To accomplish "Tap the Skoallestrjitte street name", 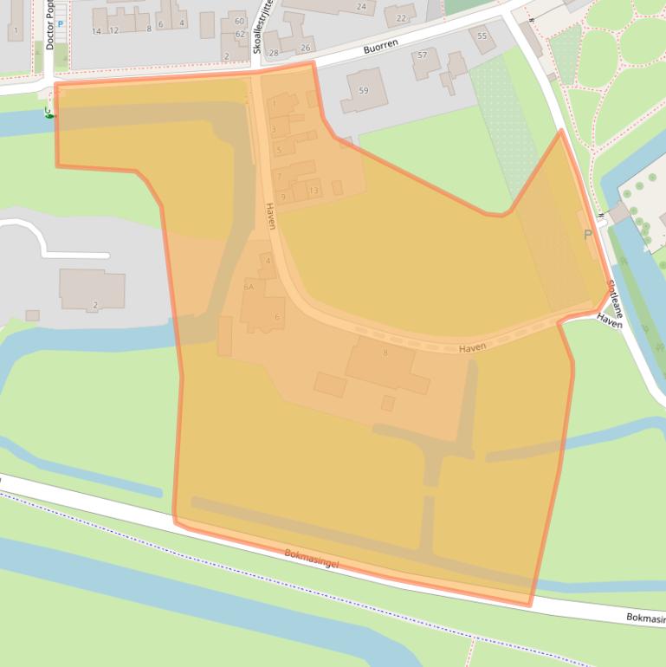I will pyautogui.click(x=256, y=27).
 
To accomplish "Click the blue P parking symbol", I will pyautogui.click(x=61, y=24).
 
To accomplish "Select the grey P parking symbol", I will pyautogui.click(x=589, y=235).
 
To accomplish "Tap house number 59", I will pyautogui.click(x=364, y=90).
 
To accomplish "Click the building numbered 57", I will pyautogui.click(x=423, y=55).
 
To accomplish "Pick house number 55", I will pyautogui.click(x=482, y=36).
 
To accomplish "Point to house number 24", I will pyautogui.click(x=361, y=7).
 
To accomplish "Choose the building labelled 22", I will pyautogui.click(x=400, y=17).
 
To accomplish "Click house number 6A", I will pyautogui.click(x=249, y=286).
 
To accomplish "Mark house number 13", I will pyautogui.click(x=313, y=191).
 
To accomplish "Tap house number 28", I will pyautogui.click(x=275, y=53).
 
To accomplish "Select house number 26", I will pyautogui.click(x=305, y=48).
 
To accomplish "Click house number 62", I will pyautogui.click(x=240, y=34).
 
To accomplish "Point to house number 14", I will pyautogui.click(x=97, y=31).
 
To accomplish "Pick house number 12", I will pyautogui.click(x=113, y=31).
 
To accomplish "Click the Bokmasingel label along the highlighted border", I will pyautogui.click(x=312, y=558).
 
